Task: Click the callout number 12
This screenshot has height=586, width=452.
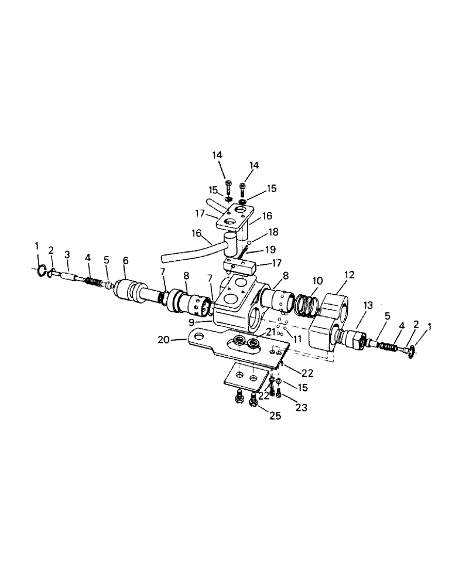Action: [x=349, y=274]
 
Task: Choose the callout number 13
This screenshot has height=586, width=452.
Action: [x=368, y=305]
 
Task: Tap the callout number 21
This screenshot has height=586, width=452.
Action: [x=270, y=331]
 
